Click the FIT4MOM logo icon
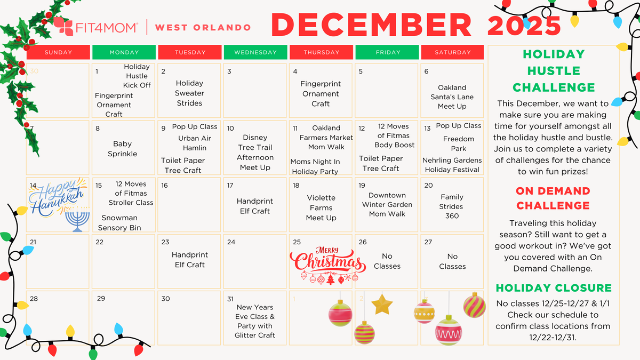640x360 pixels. [63, 27]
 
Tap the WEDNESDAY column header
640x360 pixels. [255, 52]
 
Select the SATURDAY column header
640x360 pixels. [452, 52]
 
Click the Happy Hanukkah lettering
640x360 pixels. [57, 198]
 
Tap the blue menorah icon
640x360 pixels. [77, 221]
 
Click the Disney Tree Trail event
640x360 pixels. [255, 153]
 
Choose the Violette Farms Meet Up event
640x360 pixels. [321, 207]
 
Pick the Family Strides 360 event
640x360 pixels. [452, 206]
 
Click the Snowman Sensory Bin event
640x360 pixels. [119, 222]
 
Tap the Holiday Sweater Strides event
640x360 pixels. [189, 93]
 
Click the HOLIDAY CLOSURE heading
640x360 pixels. [554, 288]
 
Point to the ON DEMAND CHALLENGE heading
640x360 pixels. [553, 198]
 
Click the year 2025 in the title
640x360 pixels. [524, 25]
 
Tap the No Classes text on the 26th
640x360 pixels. [387, 261]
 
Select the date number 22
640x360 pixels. [100, 242]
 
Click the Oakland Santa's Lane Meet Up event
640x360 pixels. [452, 97]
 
